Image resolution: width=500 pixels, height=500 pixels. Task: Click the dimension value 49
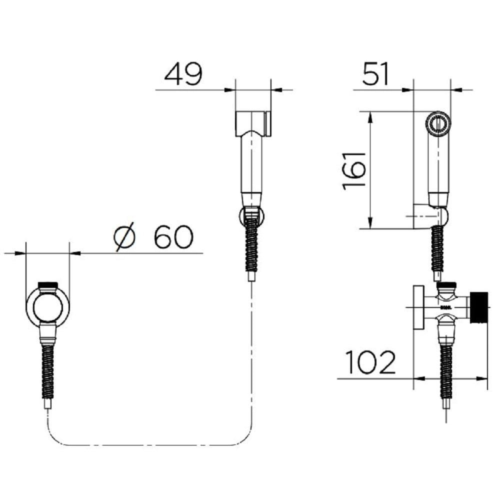click(183, 74)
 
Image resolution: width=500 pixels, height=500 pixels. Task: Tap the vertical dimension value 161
click(354, 171)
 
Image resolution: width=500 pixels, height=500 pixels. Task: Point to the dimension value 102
click(370, 362)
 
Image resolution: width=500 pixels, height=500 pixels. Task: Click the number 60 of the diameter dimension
click(173, 236)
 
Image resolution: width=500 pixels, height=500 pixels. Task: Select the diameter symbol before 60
click(124, 236)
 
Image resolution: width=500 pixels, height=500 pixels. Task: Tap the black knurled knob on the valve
click(478, 307)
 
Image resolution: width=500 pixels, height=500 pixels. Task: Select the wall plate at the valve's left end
click(418, 307)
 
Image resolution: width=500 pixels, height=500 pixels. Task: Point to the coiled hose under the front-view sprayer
click(252, 243)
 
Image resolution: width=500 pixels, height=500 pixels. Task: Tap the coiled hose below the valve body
click(446, 371)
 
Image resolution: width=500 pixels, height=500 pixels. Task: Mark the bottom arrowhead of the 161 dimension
click(370, 223)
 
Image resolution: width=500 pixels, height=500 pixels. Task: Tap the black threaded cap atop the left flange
click(48, 285)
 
